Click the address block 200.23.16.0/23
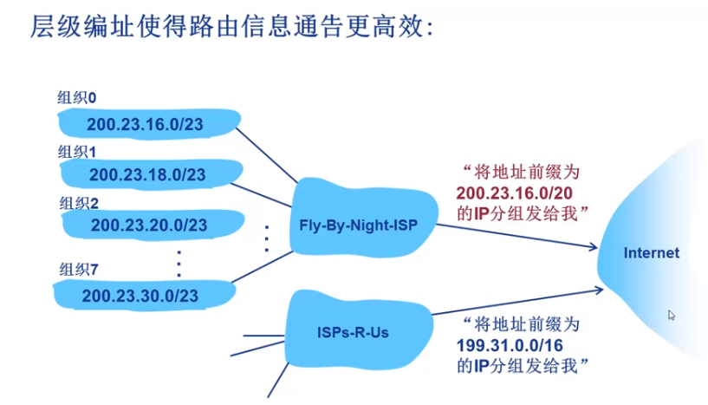[145, 125]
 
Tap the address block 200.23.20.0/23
[148, 225]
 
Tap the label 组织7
[78, 269]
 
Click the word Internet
[652, 253]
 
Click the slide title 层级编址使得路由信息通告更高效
[230, 28]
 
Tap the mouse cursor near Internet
[672, 316]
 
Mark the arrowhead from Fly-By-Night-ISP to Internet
[594, 250]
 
